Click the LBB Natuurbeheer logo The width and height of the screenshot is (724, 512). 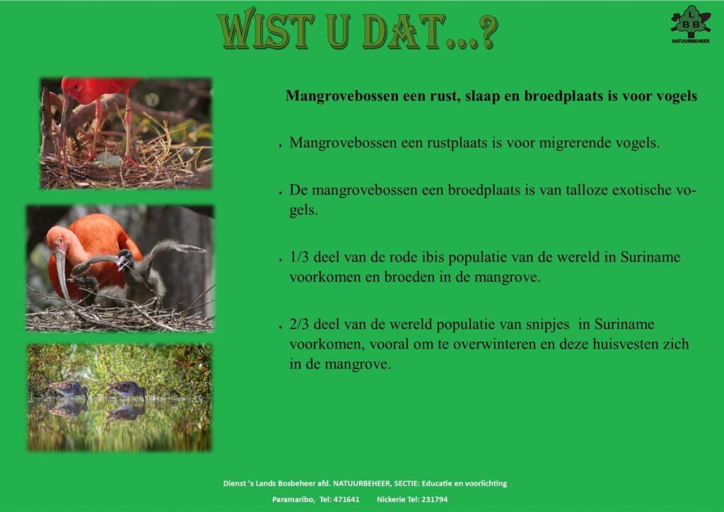click(x=690, y=25)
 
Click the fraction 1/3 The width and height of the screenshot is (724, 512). click(x=299, y=257)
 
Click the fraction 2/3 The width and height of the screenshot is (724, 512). click(x=299, y=324)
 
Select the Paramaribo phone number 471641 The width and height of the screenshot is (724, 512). click(x=346, y=499)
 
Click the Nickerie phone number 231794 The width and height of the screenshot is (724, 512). click(x=435, y=499)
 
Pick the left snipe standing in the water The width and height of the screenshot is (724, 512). click(x=69, y=389)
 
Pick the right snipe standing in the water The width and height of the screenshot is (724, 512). click(x=127, y=389)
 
